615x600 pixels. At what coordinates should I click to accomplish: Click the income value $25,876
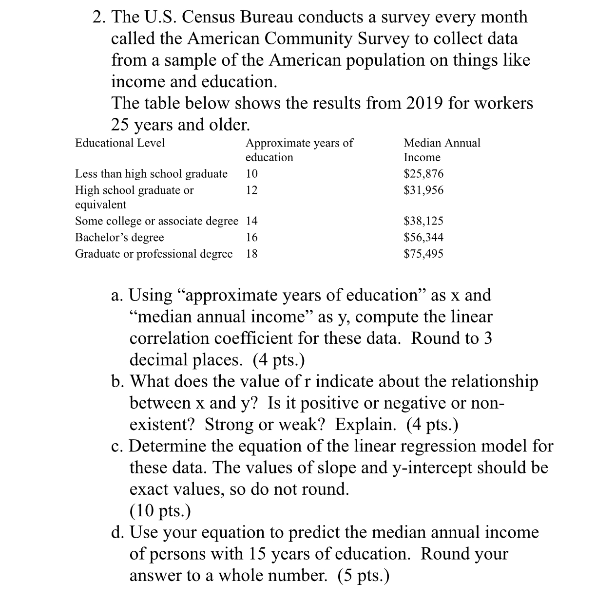pos(423,174)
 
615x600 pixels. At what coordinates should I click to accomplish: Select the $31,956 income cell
pos(423,190)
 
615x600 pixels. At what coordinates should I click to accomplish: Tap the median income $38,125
pos(423,221)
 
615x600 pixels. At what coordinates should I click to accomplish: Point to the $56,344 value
pos(423,238)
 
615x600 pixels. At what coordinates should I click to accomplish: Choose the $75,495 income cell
pos(423,254)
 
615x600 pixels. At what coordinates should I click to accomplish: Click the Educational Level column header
pos(120,143)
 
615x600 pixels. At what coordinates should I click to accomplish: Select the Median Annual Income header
pos(442,150)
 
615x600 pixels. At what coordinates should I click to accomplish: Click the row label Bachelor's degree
pos(119,238)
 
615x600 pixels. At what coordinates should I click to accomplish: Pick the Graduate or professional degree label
pos(154,254)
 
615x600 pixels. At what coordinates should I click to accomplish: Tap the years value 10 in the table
pos(251,174)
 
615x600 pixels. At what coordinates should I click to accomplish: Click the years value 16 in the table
pos(251,238)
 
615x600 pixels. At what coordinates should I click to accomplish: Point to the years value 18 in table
pos(251,254)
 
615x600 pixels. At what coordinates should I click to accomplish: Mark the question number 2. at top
pos(100,17)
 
